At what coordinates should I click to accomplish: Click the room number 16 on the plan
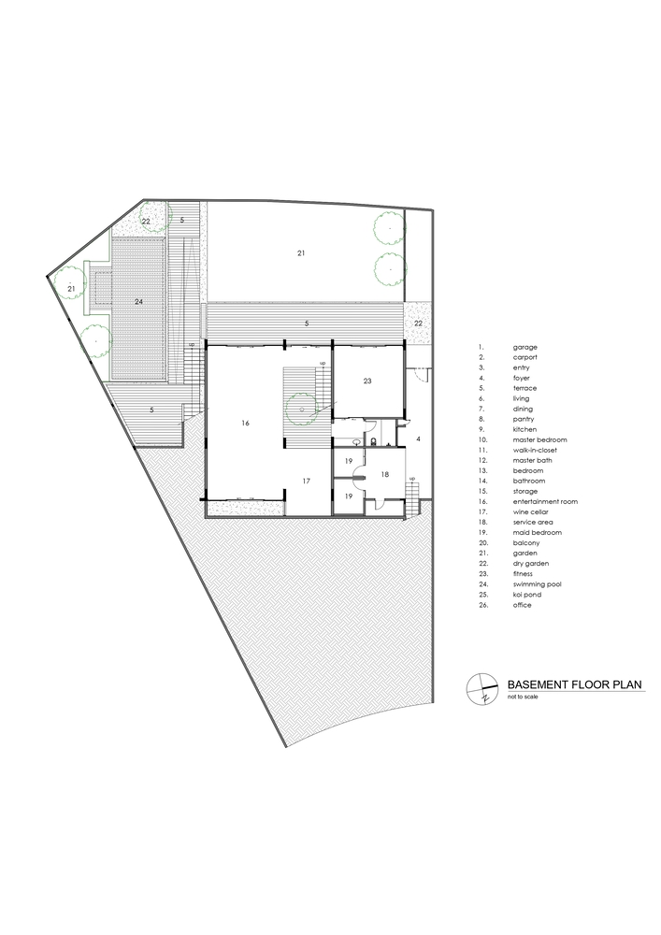click(245, 423)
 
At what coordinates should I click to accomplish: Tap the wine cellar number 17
click(307, 481)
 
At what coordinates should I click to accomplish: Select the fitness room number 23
click(367, 381)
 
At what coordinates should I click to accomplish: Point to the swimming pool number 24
click(138, 302)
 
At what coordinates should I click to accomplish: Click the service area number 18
click(385, 475)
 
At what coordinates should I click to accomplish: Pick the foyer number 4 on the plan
click(419, 439)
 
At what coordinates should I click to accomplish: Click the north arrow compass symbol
click(481, 689)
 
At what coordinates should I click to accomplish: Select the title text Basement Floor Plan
click(575, 684)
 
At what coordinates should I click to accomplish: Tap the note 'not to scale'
click(523, 698)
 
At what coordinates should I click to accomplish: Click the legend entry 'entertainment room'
click(545, 501)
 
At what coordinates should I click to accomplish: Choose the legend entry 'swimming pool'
click(537, 584)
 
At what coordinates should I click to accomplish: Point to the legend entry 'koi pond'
click(527, 595)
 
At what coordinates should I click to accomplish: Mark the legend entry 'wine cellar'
click(530, 511)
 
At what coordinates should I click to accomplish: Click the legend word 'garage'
click(525, 347)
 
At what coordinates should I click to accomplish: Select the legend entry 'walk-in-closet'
click(535, 451)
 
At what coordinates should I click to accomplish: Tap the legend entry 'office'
click(522, 605)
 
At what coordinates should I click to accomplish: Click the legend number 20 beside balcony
click(482, 542)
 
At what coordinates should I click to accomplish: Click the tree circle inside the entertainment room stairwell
click(302, 410)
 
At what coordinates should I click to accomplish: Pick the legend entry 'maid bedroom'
click(537, 533)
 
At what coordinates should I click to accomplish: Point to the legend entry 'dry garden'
click(530, 564)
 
